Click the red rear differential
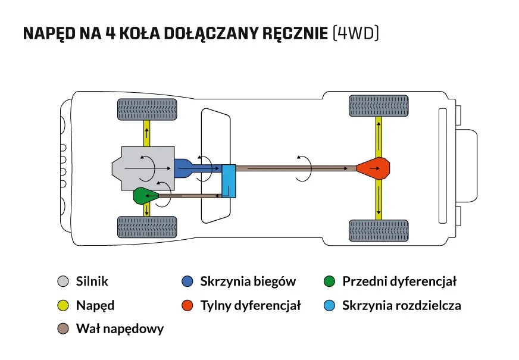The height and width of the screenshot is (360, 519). click(376, 169)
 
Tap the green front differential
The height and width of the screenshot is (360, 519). click(145, 195)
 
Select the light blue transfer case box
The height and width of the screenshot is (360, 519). click(229, 181)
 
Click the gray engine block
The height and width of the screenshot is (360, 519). click(145, 169)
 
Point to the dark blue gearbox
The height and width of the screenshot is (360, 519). click(189, 169)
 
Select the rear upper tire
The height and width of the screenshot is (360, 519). click(378, 106)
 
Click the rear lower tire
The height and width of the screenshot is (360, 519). click(378, 230)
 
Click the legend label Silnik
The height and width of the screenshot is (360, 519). click(92, 281)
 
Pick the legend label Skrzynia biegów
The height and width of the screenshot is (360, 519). click(248, 281)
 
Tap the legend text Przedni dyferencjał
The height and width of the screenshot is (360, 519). click(399, 281)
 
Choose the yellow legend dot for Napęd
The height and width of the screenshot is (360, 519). click(63, 306)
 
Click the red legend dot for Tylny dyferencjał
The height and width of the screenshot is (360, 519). click(187, 306)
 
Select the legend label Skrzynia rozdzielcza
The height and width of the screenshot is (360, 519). click(401, 306)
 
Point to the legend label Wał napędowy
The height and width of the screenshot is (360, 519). click(120, 328)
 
